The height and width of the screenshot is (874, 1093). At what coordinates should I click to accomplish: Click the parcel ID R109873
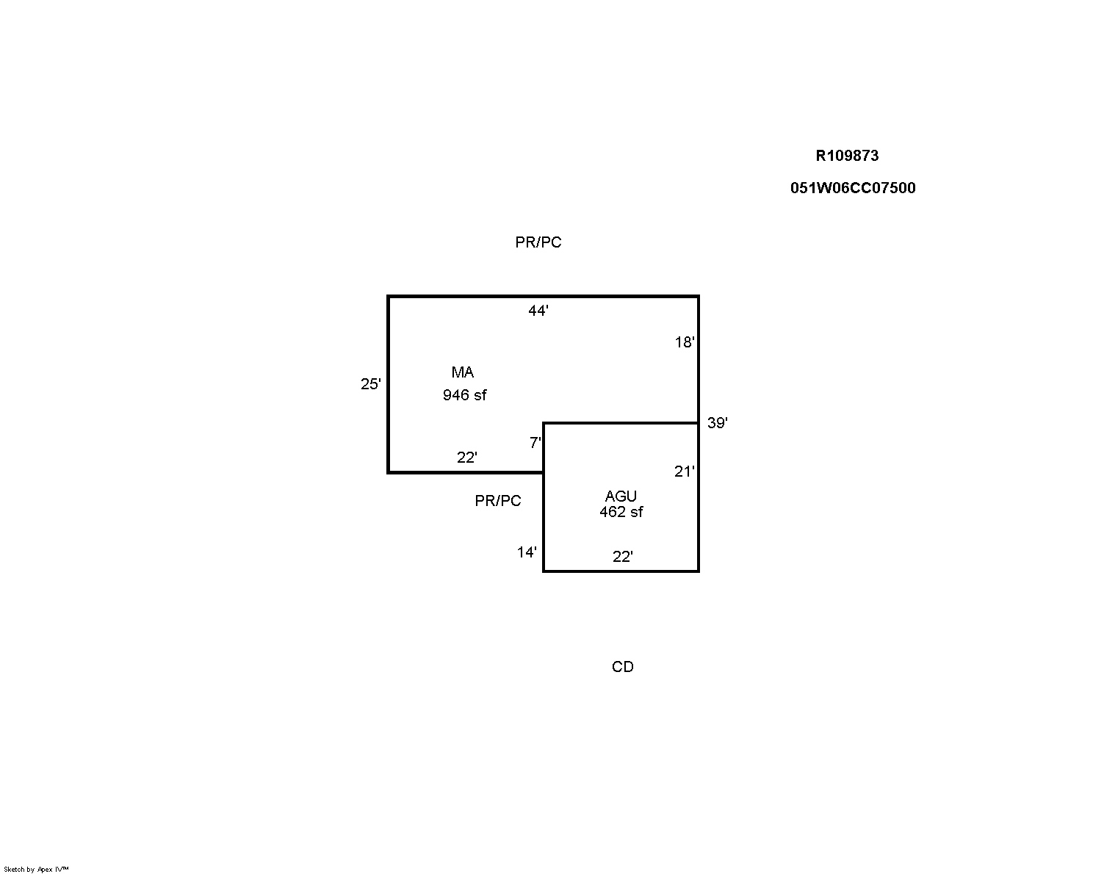coord(847,156)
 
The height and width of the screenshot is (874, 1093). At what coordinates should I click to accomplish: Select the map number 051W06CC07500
coord(853,188)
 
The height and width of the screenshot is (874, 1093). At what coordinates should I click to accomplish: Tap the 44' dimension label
coord(538,310)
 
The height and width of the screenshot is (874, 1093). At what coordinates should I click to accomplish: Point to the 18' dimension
coord(685,342)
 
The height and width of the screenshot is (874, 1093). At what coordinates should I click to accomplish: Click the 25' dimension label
coord(371,384)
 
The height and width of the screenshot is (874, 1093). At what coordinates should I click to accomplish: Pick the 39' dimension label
coord(718,422)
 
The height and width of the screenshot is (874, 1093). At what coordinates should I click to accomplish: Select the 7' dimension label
coord(535,443)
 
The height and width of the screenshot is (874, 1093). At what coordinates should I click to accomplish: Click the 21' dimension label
coord(684,472)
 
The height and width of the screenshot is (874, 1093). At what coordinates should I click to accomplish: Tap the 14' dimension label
coord(527,552)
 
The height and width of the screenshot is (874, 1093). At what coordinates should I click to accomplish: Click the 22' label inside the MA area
coord(466,458)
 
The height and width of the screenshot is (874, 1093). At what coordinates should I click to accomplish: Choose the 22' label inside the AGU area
coord(623,557)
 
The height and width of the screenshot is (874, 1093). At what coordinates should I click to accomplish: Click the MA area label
coord(463,372)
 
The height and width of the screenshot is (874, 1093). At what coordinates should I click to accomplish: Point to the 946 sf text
coord(465,394)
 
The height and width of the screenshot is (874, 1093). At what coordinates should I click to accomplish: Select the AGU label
coord(621,496)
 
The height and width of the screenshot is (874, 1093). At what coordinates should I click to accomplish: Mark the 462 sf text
coord(621,511)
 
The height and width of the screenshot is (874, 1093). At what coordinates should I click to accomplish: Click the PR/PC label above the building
coord(538,242)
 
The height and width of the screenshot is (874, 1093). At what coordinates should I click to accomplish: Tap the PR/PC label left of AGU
coord(498,501)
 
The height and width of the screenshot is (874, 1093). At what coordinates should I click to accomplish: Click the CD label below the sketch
coord(623,667)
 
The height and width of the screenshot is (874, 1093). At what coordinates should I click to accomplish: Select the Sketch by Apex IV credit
coord(36,870)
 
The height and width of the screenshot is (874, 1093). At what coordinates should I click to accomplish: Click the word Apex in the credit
coord(45,870)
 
